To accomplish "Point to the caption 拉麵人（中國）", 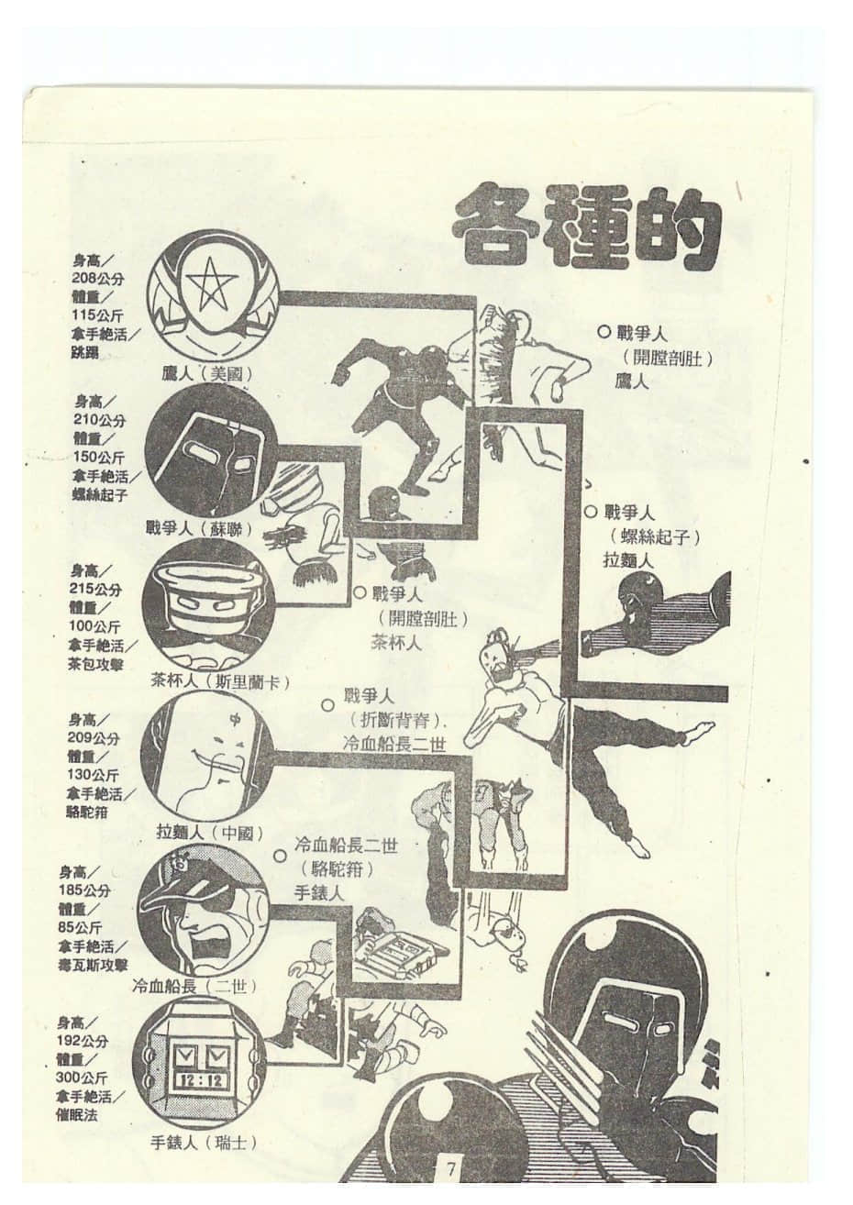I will tap(210, 833).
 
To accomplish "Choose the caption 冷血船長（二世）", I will tap(194, 986).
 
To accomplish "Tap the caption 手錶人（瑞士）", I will tap(203, 1142).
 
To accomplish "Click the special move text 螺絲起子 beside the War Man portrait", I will tap(99, 494).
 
